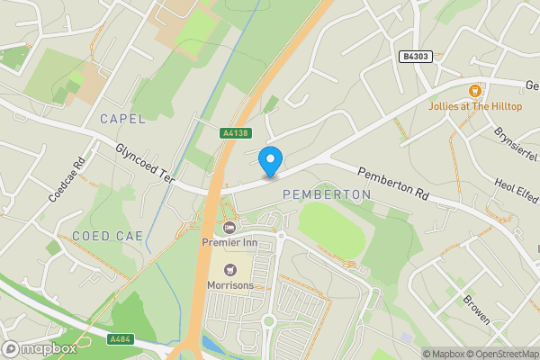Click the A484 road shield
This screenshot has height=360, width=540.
pyautogui.click(x=120, y=339)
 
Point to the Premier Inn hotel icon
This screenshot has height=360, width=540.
pyautogui.click(x=229, y=227)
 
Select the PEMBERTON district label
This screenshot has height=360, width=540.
pyautogui.click(x=327, y=194)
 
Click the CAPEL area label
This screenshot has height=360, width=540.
pyautogui.click(x=122, y=119)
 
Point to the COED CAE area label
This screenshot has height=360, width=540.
pyautogui.click(x=104, y=236)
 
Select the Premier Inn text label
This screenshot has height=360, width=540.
pyautogui.click(x=230, y=242)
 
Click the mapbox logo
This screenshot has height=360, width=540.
pyautogui.click(x=39, y=348)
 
